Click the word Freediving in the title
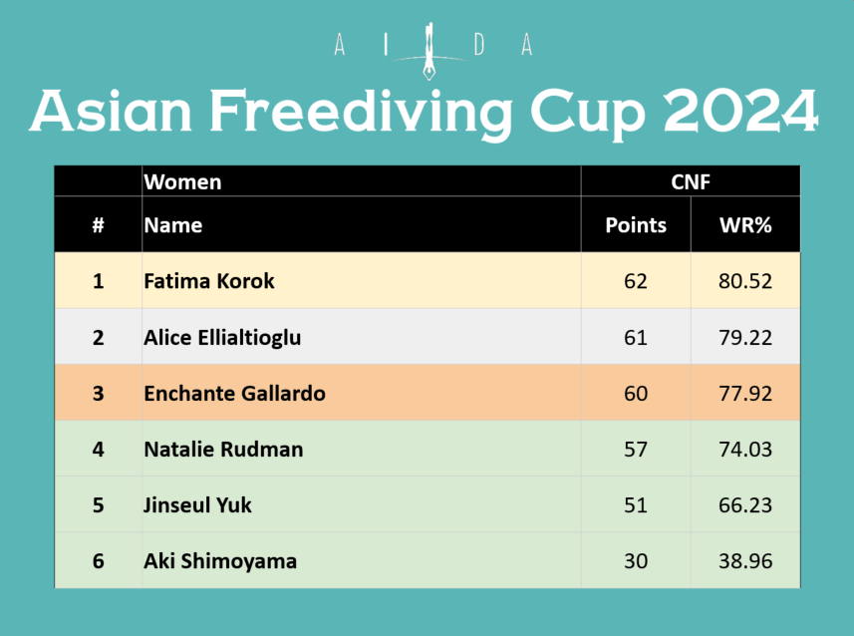point(361,113)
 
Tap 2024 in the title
point(740,111)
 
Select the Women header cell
point(182,182)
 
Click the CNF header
point(691,182)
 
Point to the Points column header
point(636,225)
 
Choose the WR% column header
point(745,225)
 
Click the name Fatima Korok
point(209,281)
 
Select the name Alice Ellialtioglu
point(222,338)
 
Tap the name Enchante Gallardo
point(235,394)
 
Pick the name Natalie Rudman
point(223,450)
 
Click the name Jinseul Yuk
point(197,505)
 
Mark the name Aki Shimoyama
point(220,561)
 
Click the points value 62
point(636,281)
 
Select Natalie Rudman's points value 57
point(636,450)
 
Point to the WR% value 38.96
point(745,561)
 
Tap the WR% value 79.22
point(745,338)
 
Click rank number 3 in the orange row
point(98,394)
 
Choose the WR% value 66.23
point(745,505)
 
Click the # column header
point(98,225)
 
